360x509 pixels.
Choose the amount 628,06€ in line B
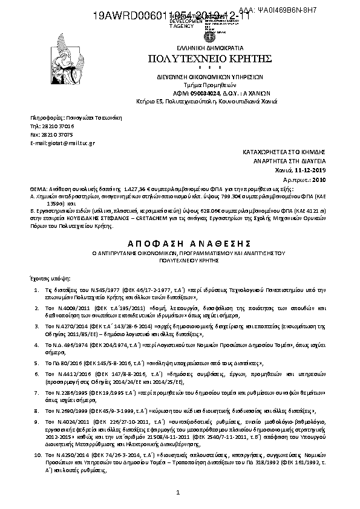click(x=181, y=211)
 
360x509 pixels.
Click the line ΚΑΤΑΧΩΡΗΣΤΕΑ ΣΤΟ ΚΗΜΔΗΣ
click(x=292, y=154)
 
